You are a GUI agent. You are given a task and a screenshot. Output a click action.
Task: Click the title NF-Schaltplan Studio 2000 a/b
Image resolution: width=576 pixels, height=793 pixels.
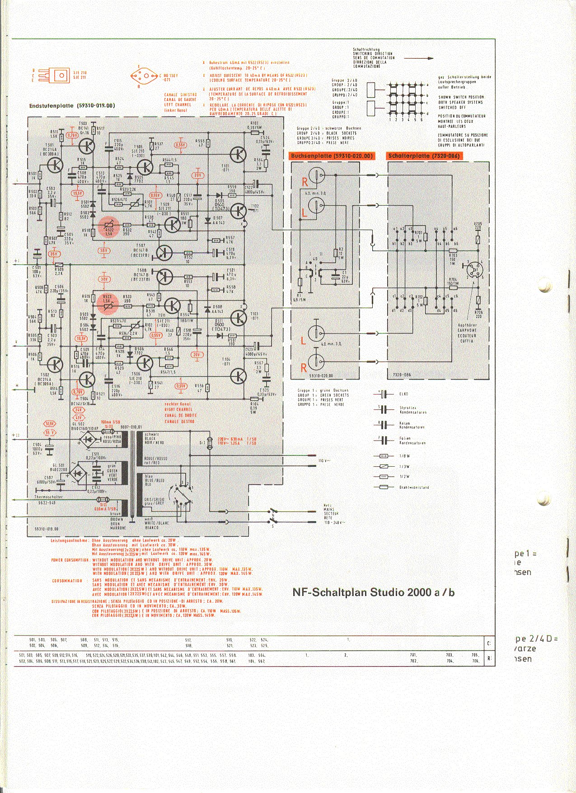coord(373,592)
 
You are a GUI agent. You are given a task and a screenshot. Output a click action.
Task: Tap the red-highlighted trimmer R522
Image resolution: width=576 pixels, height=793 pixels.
coord(108,227)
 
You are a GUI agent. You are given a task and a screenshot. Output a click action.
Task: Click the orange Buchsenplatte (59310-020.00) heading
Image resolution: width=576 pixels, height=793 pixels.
coord(332,156)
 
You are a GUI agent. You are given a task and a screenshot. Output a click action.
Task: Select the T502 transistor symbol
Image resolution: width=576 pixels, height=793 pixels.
coord(55,364)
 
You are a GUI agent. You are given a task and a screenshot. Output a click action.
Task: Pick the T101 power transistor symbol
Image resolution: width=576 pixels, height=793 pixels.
coord(237,155)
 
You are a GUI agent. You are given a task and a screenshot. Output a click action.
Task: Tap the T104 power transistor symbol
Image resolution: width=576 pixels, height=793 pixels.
coord(237,375)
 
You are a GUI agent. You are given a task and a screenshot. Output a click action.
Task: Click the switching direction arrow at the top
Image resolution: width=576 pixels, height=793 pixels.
coord(418,58)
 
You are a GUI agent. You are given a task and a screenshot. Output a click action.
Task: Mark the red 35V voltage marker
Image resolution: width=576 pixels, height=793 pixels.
coord(54,254)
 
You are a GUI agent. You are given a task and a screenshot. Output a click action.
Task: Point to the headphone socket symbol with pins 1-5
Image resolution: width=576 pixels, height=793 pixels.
coord(474,270)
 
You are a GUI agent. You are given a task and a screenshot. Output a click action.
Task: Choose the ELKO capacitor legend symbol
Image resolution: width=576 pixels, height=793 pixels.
coord(384,394)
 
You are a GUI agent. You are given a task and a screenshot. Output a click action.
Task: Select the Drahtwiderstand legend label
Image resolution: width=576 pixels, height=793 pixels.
coord(414,487)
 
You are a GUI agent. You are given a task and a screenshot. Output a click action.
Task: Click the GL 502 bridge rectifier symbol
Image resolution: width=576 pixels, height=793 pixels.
coord(88,439)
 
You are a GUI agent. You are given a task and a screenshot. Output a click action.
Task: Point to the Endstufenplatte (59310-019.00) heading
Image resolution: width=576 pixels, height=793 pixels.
coord(72,106)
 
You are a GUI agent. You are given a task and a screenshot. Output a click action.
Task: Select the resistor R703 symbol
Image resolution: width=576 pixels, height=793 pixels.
coord(452,250)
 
